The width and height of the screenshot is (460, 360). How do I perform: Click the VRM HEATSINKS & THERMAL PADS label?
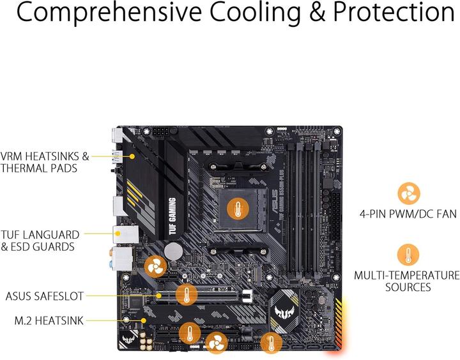tap(45, 161)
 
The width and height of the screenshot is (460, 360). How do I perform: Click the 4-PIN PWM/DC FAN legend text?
tap(407, 214)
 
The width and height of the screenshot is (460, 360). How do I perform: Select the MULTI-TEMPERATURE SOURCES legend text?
tap(407, 281)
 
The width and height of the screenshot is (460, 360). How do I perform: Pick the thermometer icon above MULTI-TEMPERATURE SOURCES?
tap(408, 255)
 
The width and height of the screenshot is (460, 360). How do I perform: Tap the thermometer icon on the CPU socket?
tap(238, 208)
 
